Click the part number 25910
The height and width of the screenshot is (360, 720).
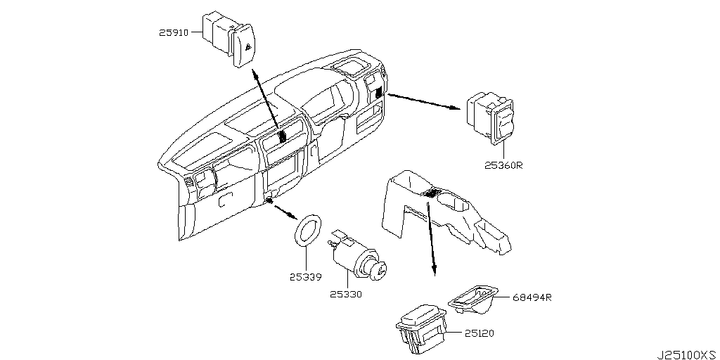[x=174, y=32]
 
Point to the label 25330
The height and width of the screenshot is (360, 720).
[x=346, y=295]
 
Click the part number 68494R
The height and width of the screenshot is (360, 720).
[x=532, y=297]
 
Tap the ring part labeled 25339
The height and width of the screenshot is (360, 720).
[x=307, y=232]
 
